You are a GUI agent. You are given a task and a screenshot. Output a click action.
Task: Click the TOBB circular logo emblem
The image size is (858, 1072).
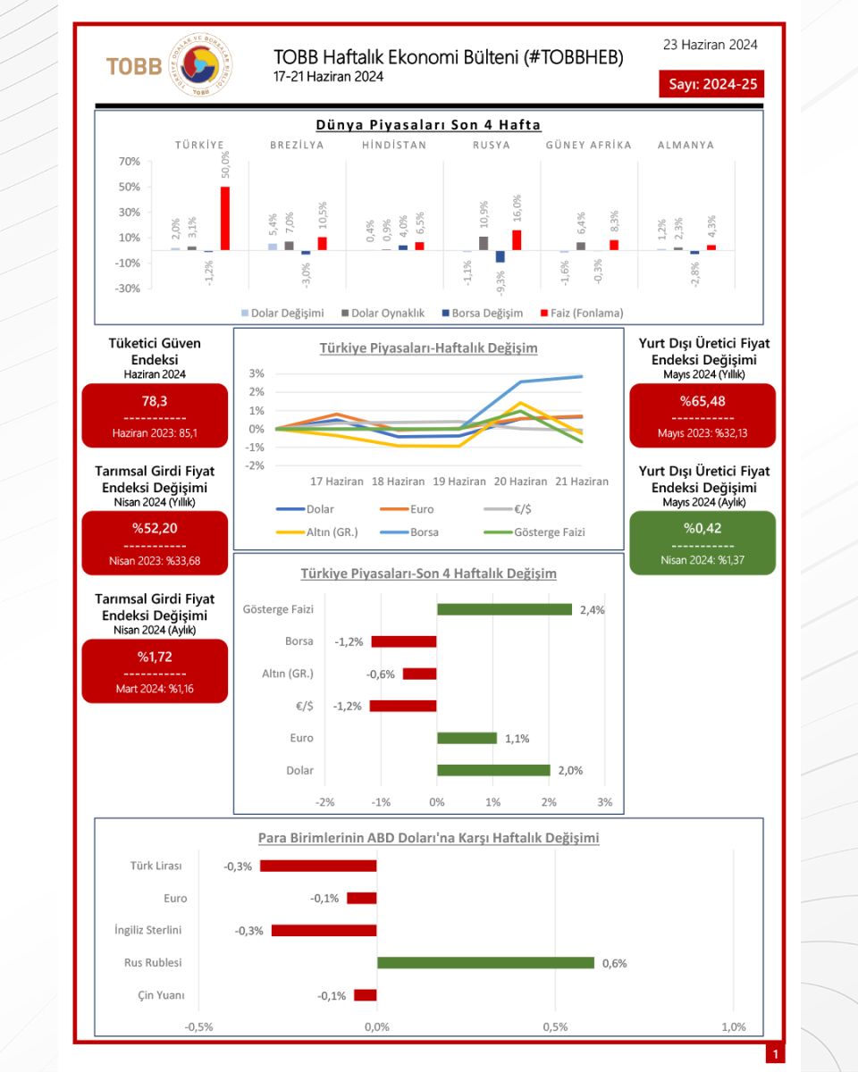point(200,64)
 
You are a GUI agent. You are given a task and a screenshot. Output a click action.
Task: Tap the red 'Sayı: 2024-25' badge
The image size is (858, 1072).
point(711,84)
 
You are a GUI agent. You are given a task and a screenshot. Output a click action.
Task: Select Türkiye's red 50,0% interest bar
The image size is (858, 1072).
point(225,219)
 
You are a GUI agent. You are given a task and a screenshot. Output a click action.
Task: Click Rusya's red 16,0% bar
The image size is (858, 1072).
point(517,240)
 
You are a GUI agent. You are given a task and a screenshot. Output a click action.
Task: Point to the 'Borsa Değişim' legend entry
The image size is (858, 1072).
point(483,314)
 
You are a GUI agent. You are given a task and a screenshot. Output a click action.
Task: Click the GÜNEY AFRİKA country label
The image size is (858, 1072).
point(589,145)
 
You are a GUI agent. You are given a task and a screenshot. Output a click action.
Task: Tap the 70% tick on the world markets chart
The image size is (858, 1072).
point(129,162)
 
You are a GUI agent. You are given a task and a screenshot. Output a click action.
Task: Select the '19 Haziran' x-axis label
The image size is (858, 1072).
point(459,482)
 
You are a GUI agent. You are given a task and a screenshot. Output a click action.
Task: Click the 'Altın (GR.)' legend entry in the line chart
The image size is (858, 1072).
point(317,532)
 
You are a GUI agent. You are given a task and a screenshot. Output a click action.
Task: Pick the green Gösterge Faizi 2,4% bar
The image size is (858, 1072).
point(505,609)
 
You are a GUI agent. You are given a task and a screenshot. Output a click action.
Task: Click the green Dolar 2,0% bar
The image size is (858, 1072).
point(493,770)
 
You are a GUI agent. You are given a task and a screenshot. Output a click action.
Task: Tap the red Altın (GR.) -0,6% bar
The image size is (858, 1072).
point(420,674)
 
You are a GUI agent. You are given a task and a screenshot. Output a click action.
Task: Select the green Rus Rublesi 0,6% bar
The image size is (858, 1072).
point(485,963)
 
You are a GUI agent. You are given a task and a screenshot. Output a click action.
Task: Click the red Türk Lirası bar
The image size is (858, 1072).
point(318,866)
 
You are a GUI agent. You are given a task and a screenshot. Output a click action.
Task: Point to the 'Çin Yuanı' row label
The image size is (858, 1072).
point(161,995)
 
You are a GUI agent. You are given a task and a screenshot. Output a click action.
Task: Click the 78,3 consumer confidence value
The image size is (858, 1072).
point(155,401)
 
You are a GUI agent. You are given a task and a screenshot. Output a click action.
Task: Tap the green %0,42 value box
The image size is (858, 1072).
point(702,543)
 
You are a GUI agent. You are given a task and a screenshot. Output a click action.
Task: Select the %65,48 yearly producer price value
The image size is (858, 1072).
point(702,401)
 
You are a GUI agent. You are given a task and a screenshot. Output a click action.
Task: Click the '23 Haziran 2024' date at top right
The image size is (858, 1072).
point(710,45)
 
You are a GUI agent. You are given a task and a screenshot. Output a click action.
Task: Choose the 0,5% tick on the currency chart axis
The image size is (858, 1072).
point(555,1026)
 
